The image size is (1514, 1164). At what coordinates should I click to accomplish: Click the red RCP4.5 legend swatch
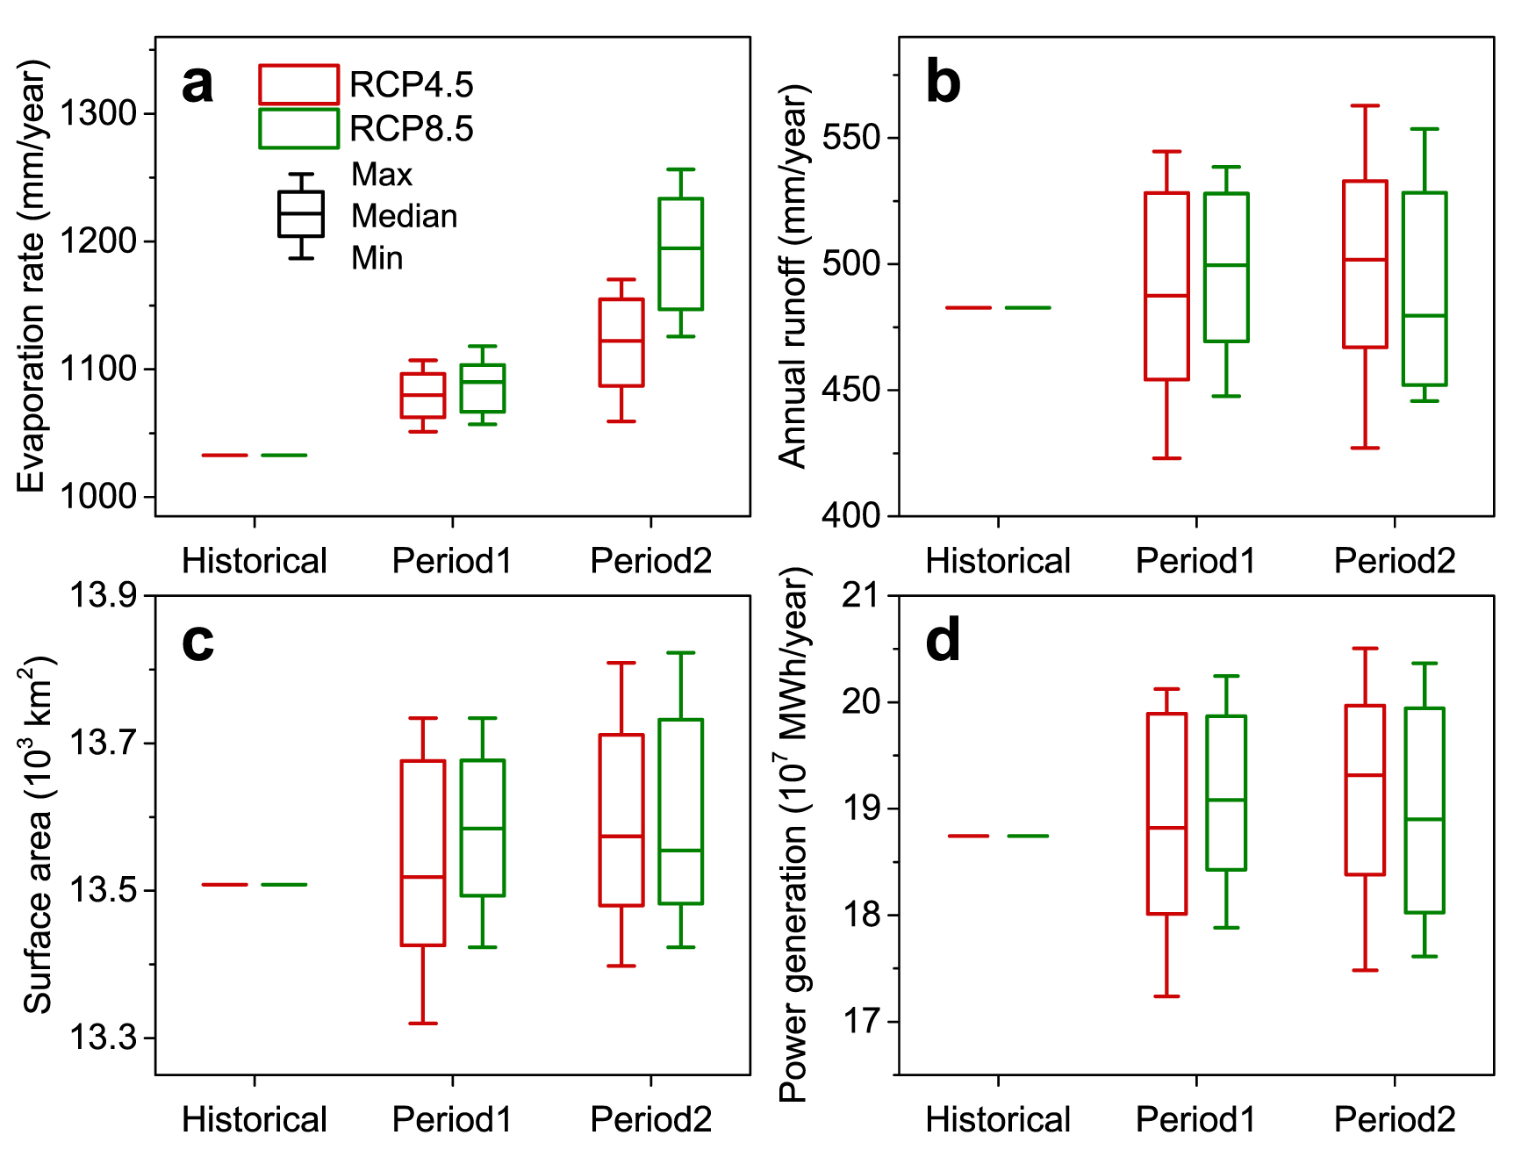(x=298, y=84)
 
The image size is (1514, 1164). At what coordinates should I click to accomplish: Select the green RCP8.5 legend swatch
(x=298, y=128)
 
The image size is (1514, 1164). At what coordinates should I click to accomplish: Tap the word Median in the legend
(x=404, y=216)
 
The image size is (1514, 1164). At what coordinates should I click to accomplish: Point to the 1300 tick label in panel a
(x=98, y=113)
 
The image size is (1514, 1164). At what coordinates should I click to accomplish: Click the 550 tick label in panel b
(x=850, y=138)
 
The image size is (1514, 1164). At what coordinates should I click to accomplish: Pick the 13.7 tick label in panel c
(x=103, y=744)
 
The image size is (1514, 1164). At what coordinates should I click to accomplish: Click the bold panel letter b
(x=943, y=83)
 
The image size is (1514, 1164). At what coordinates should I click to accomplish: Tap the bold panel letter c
(x=197, y=642)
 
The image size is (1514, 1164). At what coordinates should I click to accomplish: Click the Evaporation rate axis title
(x=32, y=277)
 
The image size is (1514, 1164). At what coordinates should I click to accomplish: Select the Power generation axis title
(x=793, y=834)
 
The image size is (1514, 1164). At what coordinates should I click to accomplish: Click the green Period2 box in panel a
(x=681, y=254)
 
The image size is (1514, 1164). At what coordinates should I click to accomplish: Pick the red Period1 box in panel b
(x=1166, y=286)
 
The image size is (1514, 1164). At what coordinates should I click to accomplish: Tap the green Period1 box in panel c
(x=483, y=828)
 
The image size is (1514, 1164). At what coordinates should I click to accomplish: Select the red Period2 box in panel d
(x=1365, y=790)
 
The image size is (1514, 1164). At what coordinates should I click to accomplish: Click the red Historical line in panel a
(x=225, y=455)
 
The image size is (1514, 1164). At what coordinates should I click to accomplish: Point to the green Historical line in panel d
(x=1028, y=836)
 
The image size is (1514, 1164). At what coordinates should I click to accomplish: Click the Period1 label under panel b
(x=1195, y=561)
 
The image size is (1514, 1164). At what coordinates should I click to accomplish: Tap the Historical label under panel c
(x=254, y=1120)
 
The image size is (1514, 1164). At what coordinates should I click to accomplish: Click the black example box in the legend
(x=301, y=214)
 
